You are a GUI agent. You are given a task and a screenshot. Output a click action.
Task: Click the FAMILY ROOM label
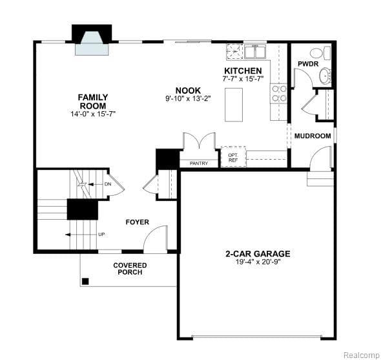(93, 101)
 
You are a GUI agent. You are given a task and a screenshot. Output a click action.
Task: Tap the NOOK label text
(188, 90)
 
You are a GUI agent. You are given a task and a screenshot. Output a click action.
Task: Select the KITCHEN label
(243, 70)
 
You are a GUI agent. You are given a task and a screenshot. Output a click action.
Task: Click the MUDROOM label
(312, 136)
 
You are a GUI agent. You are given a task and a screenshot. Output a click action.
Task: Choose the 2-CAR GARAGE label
(257, 254)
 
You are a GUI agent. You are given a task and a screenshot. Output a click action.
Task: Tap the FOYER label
(137, 222)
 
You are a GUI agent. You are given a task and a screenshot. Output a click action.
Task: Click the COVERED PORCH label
(130, 268)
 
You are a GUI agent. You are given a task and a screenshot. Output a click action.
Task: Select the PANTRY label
(199, 164)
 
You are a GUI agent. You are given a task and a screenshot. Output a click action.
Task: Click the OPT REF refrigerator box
(233, 158)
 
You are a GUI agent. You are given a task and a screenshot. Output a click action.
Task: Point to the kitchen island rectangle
(234, 104)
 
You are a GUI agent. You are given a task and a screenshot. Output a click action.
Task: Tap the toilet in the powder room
(316, 53)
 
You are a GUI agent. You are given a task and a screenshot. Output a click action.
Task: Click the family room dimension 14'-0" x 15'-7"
(93, 114)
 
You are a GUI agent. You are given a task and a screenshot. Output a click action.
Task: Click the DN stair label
(107, 184)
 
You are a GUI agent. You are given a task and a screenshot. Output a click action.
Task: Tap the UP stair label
(101, 234)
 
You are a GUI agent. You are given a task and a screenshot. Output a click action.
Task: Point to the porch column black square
(85, 281)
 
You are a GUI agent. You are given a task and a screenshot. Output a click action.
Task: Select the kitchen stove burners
(279, 94)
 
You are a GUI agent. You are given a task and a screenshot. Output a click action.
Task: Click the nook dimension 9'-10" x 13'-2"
(188, 99)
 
